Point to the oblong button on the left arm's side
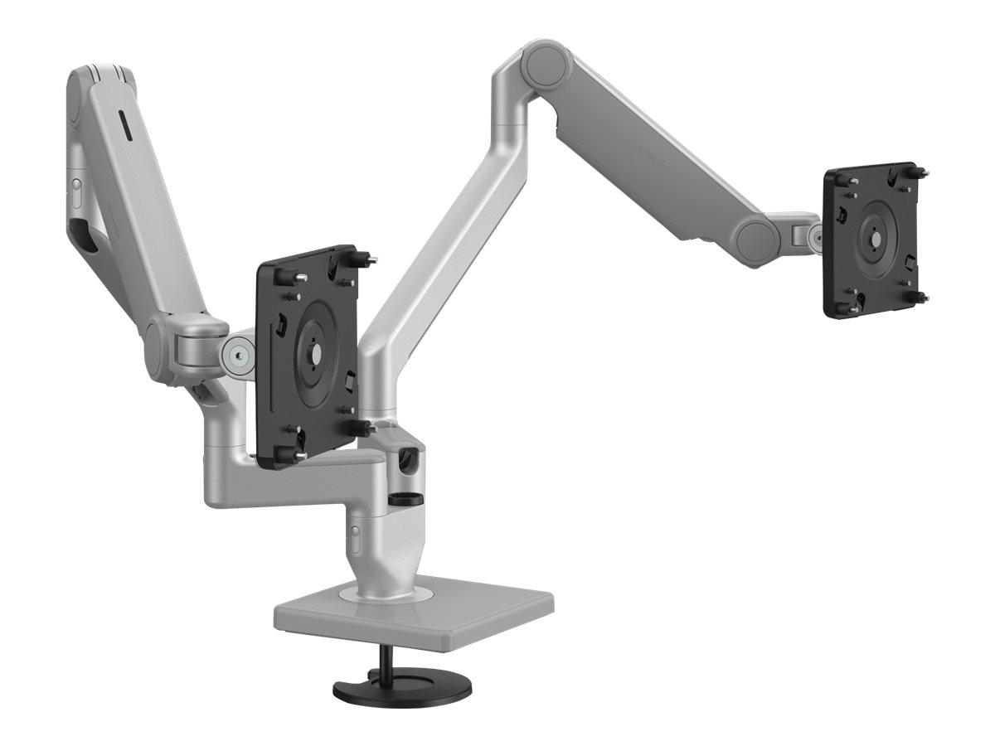75,195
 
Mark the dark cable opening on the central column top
408,459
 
